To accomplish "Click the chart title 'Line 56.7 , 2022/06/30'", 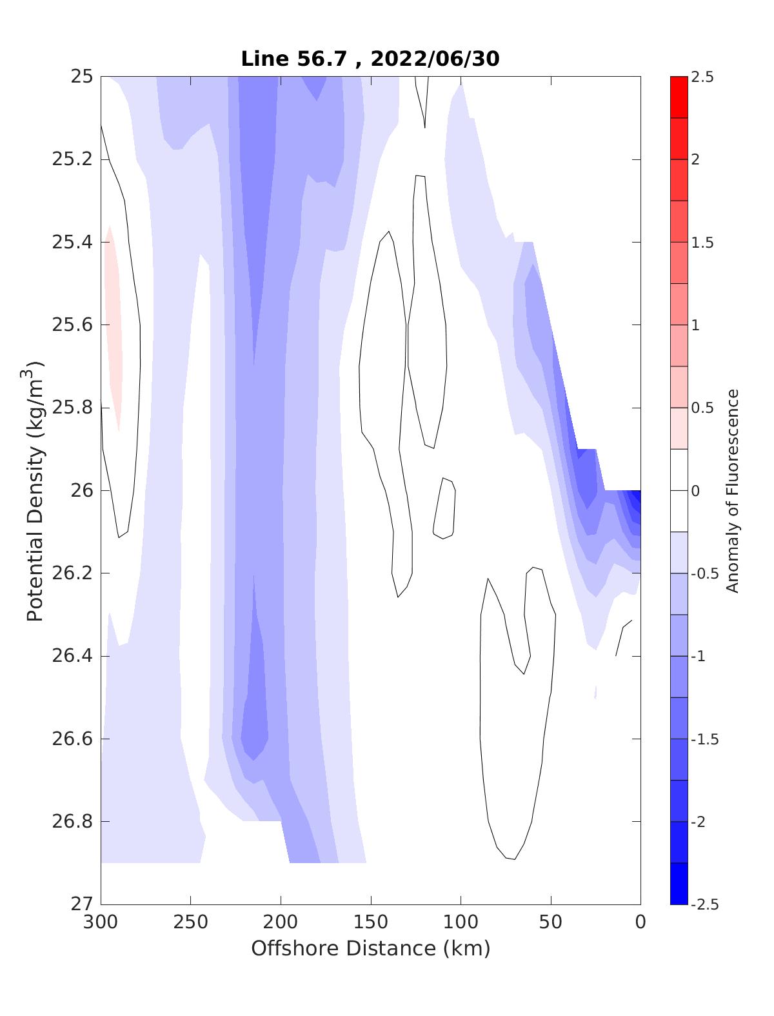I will [370, 59].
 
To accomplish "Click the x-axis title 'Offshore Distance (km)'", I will [370, 948].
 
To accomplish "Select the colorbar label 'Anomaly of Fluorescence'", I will [731, 490].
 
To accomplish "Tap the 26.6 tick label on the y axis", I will [72, 739].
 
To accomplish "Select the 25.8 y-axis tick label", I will [72, 408].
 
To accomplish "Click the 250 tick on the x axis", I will [191, 922].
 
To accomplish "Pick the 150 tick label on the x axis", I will [371, 922].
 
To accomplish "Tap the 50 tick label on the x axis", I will [551, 922].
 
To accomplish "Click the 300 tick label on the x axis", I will [101, 922].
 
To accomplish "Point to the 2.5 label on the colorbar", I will [702, 77].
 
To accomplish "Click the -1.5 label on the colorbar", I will [704, 739].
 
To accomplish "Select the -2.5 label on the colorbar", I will [704, 904].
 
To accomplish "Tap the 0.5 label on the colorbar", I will [702, 408].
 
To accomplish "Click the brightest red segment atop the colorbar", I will [679, 97].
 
